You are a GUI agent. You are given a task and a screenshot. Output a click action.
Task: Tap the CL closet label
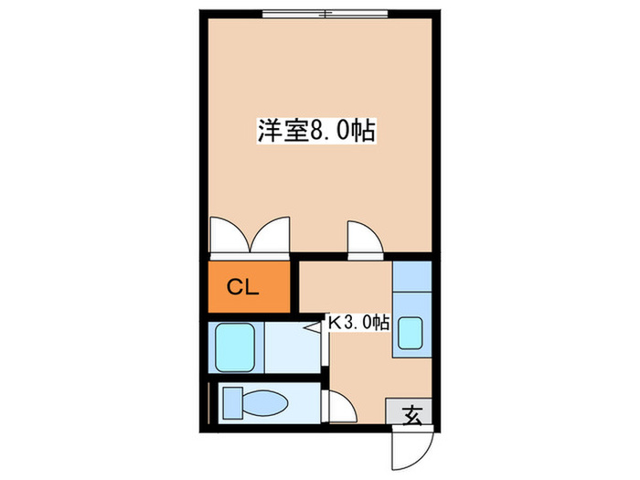[x=244, y=288]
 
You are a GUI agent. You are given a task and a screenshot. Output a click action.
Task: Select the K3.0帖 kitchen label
[x=358, y=322]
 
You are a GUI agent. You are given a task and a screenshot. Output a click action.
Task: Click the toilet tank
[x=231, y=403]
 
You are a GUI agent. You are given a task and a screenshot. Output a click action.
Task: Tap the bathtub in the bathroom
[x=235, y=347]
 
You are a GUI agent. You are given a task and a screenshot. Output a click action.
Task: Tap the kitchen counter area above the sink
[x=409, y=277]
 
